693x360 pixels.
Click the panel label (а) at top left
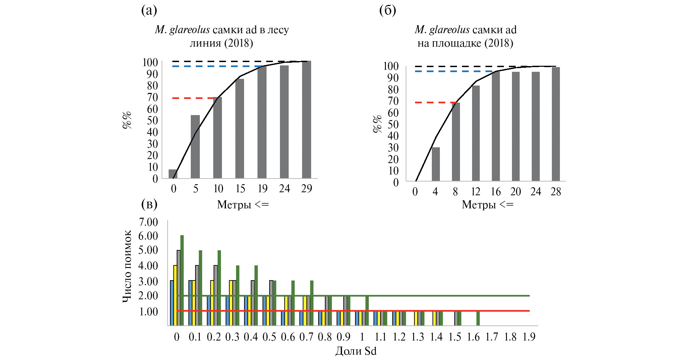(149, 11)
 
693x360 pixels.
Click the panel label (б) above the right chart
(388, 11)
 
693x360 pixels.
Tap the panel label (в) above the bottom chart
(150, 204)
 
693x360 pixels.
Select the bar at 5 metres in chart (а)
(195, 147)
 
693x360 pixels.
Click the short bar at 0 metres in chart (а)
(172, 174)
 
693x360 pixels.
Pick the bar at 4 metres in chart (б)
(436, 164)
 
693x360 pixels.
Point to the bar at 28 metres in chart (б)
(556, 124)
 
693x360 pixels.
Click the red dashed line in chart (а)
(193, 98)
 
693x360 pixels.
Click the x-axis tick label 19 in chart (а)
(263, 189)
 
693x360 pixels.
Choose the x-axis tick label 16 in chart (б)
(496, 192)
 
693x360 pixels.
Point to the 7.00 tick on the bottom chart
(149, 222)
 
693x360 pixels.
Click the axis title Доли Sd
(356, 351)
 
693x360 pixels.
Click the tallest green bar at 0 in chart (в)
(182, 280)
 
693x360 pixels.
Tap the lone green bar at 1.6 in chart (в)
(478, 318)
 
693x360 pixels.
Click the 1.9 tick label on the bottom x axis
(529, 337)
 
